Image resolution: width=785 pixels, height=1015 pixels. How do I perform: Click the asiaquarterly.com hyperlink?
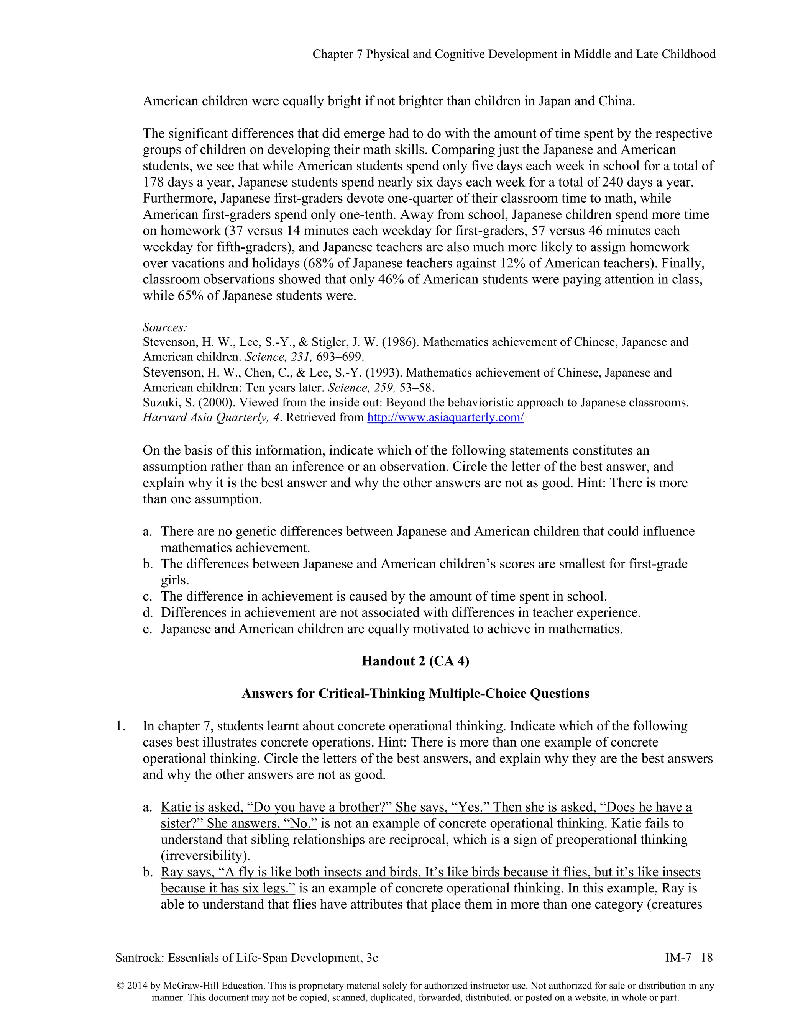(445, 417)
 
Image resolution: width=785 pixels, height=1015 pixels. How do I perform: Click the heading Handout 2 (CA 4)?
(415, 661)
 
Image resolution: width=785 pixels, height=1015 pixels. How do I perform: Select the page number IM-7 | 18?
(689, 958)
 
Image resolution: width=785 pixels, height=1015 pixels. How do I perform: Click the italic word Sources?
(164, 327)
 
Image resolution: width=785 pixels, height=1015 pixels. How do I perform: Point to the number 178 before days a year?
(153, 182)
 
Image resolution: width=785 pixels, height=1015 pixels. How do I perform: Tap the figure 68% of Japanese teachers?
(316, 264)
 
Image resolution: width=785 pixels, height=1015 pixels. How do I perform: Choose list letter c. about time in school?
(148, 596)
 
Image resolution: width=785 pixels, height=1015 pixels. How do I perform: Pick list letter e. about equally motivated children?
(148, 629)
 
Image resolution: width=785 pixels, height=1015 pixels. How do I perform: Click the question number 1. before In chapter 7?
(120, 726)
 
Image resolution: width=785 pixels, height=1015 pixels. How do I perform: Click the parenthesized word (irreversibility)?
(201, 856)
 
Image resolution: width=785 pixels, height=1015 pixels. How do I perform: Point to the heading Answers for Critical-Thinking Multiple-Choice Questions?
(415, 693)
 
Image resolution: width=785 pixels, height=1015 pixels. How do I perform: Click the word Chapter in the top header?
(332, 54)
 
